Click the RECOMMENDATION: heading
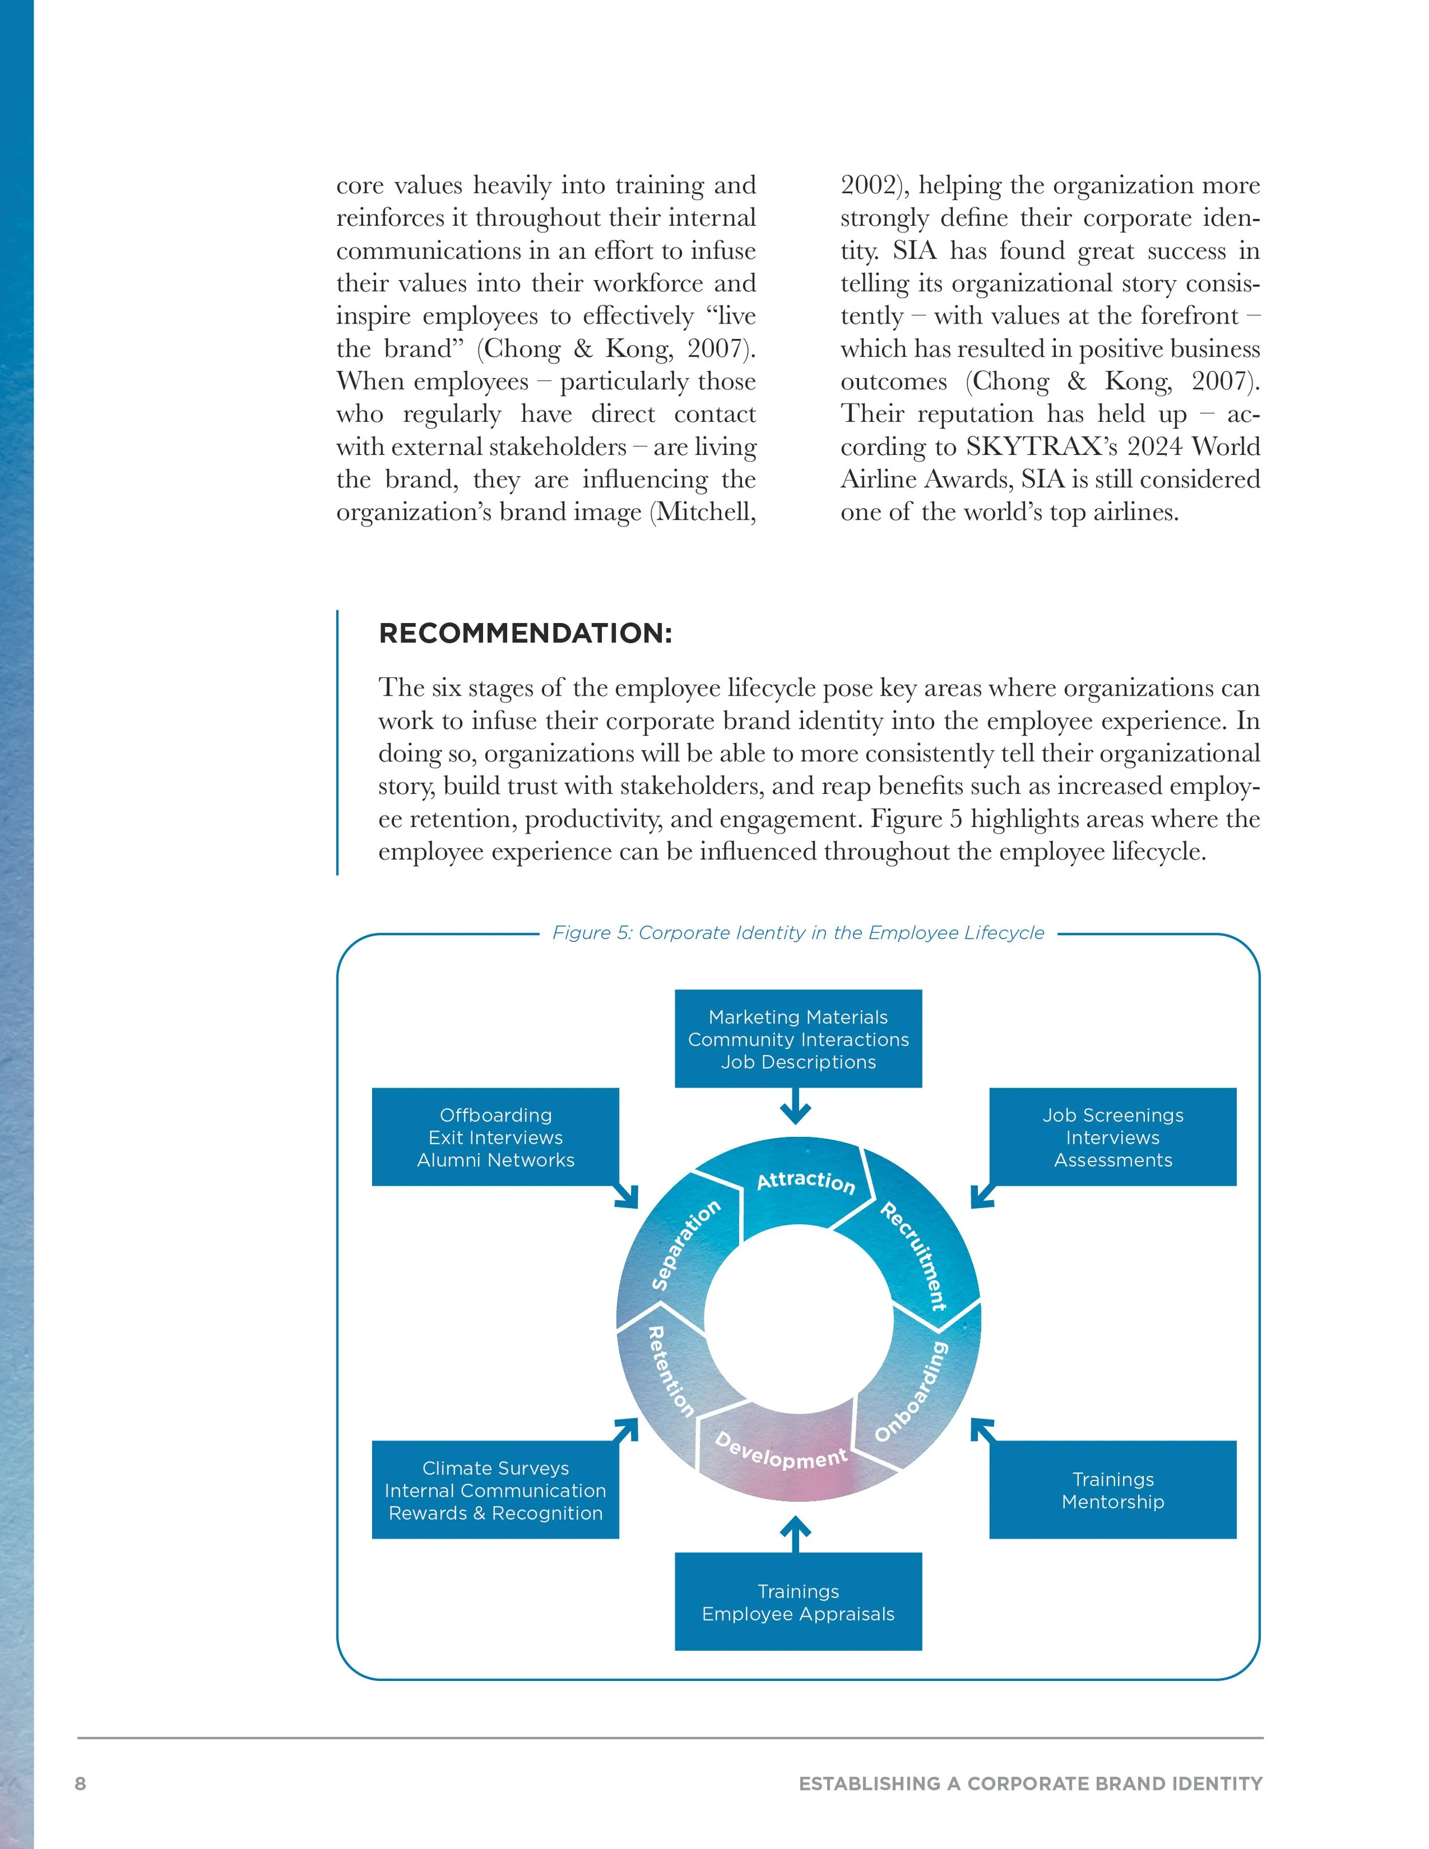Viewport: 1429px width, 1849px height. point(525,633)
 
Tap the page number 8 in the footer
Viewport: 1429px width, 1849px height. point(81,1784)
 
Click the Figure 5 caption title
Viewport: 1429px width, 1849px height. point(797,932)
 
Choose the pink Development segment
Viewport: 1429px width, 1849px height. point(781,1450)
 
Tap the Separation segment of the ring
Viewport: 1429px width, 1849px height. point(685,1244)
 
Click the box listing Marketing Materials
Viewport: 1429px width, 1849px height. point(797,1039)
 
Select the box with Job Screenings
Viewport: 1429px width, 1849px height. point(1112,1137)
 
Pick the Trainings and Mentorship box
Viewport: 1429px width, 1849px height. point(1112,1490)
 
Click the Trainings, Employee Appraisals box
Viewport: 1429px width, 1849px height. point(797,1603)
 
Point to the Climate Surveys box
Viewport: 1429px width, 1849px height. point(495,1490)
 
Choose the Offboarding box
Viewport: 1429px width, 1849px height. point(495,1137)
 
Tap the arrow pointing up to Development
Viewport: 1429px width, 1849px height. point(795,1532)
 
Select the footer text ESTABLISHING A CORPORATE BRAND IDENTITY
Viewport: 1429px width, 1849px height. point(1030,1784)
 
